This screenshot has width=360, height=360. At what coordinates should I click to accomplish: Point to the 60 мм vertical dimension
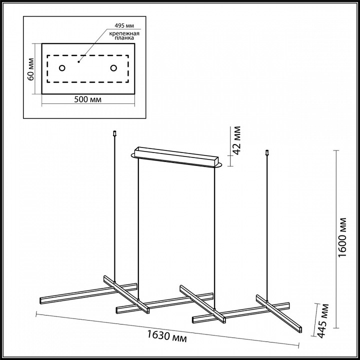(30, 68)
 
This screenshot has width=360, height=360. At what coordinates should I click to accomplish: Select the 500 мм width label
(87, 99)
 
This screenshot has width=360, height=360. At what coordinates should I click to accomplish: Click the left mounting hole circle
(62, 68)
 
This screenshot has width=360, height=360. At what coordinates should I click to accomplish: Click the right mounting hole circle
(113, 68)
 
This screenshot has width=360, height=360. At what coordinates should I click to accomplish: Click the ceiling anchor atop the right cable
(267, 152)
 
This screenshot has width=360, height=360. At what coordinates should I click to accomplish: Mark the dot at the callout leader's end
(78, 62)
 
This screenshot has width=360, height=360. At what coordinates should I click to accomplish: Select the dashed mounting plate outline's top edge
(87, 55)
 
